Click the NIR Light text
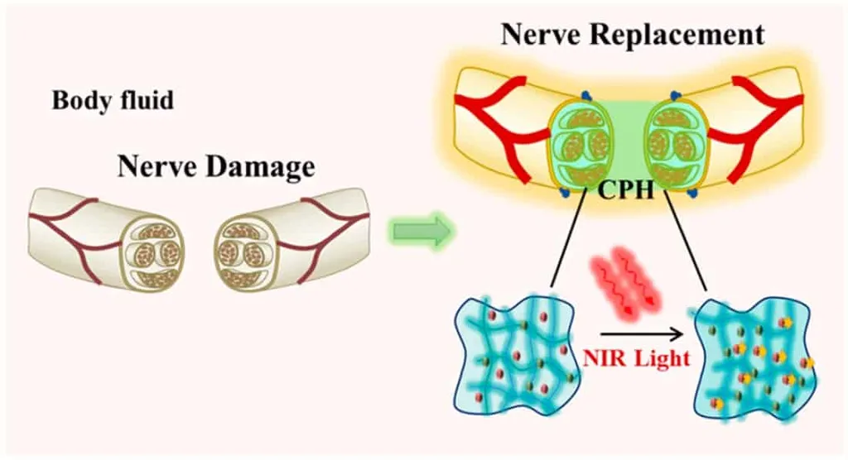(636, 360)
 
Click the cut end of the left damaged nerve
(151, 252)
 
